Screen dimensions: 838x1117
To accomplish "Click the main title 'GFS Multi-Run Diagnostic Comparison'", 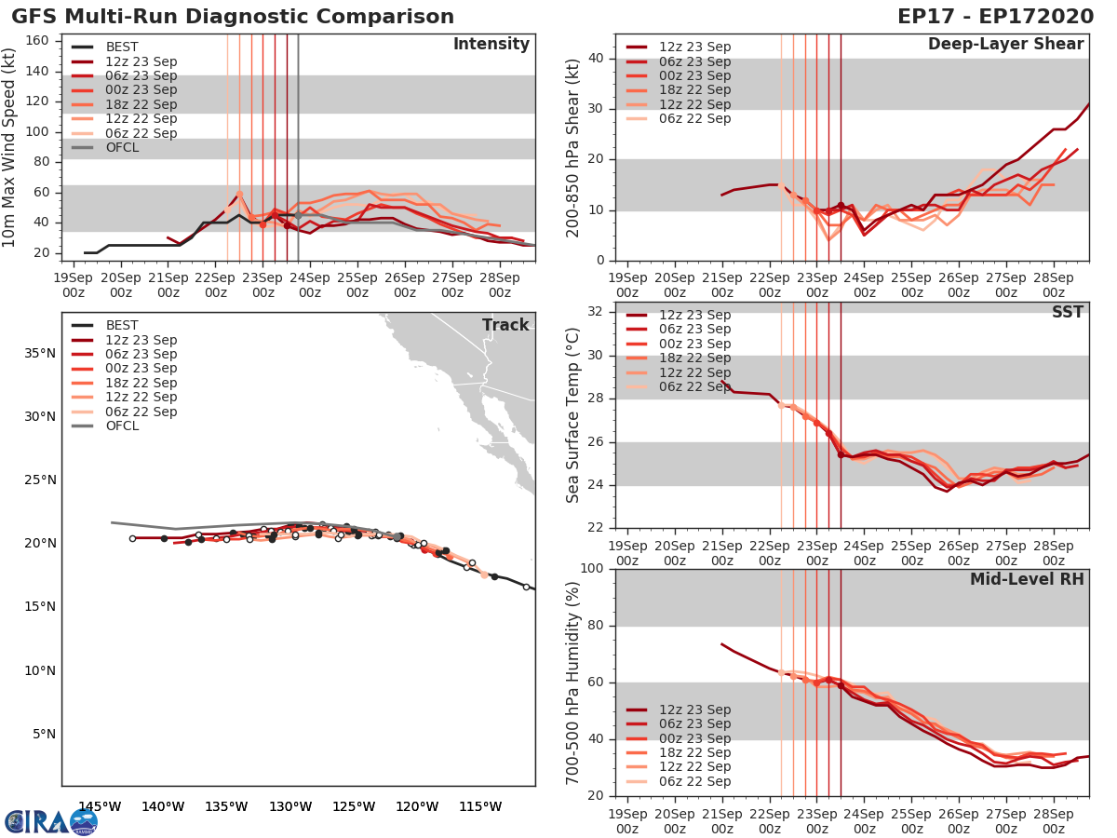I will coord(233,17).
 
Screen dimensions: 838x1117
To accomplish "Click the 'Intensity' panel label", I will coord(491,45).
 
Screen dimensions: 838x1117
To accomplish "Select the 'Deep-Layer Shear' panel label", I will coord(1005,45).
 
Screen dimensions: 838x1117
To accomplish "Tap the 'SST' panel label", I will coord(1068,312).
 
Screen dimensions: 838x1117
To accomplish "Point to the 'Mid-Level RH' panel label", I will coord(1027,580).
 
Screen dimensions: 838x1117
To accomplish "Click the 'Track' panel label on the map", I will coord(505,325).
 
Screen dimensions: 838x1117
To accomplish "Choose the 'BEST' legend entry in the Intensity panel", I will coord(122,47).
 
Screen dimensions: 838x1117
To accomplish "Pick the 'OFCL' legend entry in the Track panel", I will coord(122,426).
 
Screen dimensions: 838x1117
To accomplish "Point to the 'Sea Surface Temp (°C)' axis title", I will coord(573,414).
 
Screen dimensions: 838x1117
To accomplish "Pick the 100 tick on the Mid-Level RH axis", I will coord(592,569).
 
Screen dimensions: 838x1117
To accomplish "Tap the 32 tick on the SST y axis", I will coord(596,312).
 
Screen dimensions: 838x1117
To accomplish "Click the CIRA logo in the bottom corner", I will coord(50,821).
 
